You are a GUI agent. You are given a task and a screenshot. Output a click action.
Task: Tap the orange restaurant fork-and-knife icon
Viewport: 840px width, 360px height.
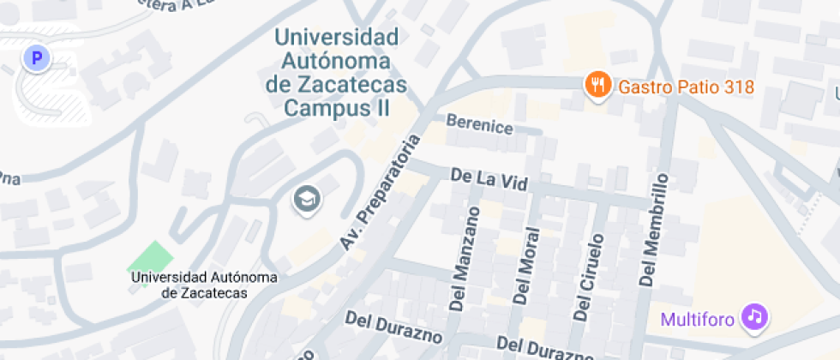click(597, 85)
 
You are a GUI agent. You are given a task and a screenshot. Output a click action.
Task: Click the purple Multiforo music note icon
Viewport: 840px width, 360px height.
click(754, 316)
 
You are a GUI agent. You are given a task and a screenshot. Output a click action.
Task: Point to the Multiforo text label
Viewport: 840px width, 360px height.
click(698, 321)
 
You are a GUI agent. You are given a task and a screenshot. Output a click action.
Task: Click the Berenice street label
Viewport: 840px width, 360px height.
click(479, 127)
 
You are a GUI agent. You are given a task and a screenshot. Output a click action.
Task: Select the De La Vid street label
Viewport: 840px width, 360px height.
click(489, 180)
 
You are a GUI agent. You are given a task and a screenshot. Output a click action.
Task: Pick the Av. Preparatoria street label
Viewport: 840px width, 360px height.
click(381, 192)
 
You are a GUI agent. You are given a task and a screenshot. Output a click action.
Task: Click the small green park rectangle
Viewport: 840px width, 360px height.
click(149, 256)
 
